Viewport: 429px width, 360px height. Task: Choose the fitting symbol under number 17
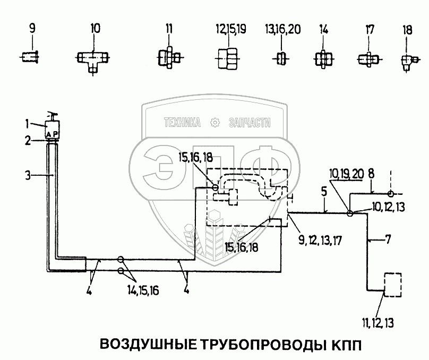[366, 57]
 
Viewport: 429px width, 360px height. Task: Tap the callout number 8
[371, 173]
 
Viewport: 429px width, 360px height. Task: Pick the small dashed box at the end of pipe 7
[391, 285]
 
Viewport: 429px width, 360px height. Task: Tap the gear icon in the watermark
[215, 123]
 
